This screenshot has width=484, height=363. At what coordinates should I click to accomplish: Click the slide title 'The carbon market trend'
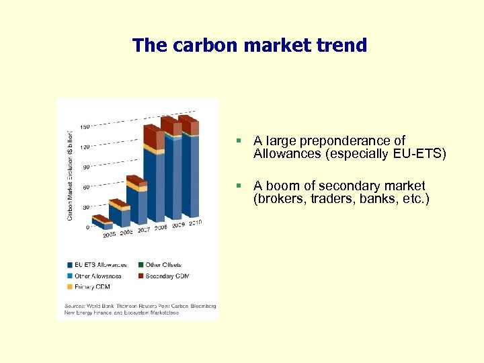[249, 46]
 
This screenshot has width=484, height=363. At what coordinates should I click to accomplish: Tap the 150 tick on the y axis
[85, 127]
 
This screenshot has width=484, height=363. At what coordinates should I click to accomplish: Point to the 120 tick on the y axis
[85, 147]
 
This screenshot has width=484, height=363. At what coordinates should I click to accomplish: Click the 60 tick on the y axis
[85, 188]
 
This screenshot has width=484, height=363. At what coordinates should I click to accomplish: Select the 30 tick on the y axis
[85, 207]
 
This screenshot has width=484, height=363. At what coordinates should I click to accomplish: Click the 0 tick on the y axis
[87, 227]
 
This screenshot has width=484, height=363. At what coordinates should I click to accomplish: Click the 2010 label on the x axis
[195, 223]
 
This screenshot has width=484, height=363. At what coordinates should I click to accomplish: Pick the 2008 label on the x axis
[161, 228]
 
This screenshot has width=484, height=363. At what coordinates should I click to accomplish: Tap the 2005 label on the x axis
[109, 235]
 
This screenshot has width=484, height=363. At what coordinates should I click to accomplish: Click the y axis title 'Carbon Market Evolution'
[70, 171]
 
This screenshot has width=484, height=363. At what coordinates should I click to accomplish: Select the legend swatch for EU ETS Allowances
[69, 265]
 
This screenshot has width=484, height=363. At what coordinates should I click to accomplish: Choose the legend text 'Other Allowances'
[98, 276]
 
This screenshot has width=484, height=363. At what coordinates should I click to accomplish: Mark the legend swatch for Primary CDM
[69, 287]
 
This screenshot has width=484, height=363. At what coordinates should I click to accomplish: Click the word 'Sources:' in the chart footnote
[75, 306]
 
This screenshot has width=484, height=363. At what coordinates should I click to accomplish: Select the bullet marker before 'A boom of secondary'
[239, 186]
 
